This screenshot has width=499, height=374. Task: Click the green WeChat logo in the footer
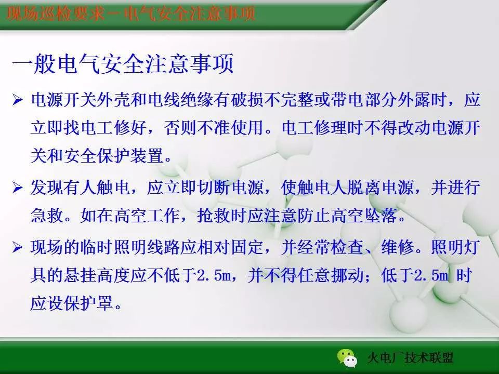346,357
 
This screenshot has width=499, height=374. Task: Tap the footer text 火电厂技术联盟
410,358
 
